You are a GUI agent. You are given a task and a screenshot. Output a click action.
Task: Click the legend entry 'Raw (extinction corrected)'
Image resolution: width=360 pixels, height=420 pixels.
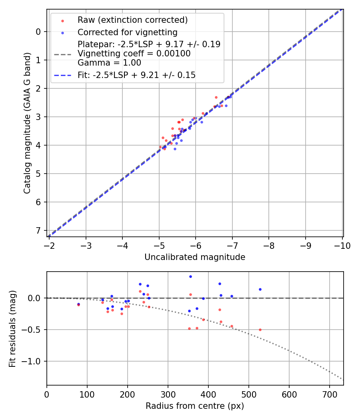[132, 20]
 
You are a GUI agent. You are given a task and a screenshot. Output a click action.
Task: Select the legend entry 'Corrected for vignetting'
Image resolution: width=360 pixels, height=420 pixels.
[127, 32]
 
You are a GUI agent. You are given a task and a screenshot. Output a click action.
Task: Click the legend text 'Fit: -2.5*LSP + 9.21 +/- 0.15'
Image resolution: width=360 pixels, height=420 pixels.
[136, 75]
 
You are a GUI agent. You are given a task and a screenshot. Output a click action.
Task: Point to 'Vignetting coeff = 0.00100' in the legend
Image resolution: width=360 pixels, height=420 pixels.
[134, 54]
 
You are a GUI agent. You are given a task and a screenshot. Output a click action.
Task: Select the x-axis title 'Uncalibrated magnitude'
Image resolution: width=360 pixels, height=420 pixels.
[195, 257]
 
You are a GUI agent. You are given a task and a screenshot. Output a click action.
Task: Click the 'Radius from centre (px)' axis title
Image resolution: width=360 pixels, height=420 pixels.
[195, 406]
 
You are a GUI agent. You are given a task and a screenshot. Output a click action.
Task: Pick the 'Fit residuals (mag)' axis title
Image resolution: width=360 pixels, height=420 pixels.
[12, 329]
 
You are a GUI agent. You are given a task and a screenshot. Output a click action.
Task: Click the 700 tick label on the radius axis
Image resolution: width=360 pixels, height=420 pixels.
[329, 394]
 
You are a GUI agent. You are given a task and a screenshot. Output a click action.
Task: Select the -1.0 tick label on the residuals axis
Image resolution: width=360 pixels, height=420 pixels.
[33, 361]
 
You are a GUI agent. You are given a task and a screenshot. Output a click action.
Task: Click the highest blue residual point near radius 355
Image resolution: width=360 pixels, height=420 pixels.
[190, 276]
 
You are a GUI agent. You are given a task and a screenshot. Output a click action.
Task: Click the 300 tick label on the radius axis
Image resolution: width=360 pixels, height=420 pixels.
[168, 394]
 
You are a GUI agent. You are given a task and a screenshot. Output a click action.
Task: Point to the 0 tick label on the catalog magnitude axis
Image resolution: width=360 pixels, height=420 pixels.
[39, 32]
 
